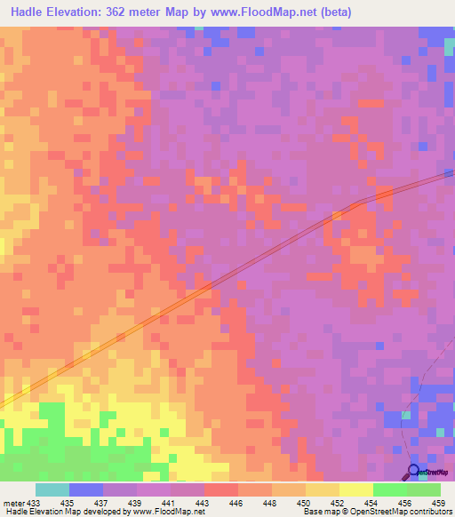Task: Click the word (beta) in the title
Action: click(x=337, y=12)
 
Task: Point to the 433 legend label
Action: click(x=33, y=502)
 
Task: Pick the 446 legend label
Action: click(x=237, y=502)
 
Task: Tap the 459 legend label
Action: click(x=438, y=502)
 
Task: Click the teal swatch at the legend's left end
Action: click(x=52, y=489)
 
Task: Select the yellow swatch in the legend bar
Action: click(x=355, y=489)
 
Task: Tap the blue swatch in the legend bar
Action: click(x=86, y=489)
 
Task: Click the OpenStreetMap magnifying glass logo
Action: click(x=413, y=471)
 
